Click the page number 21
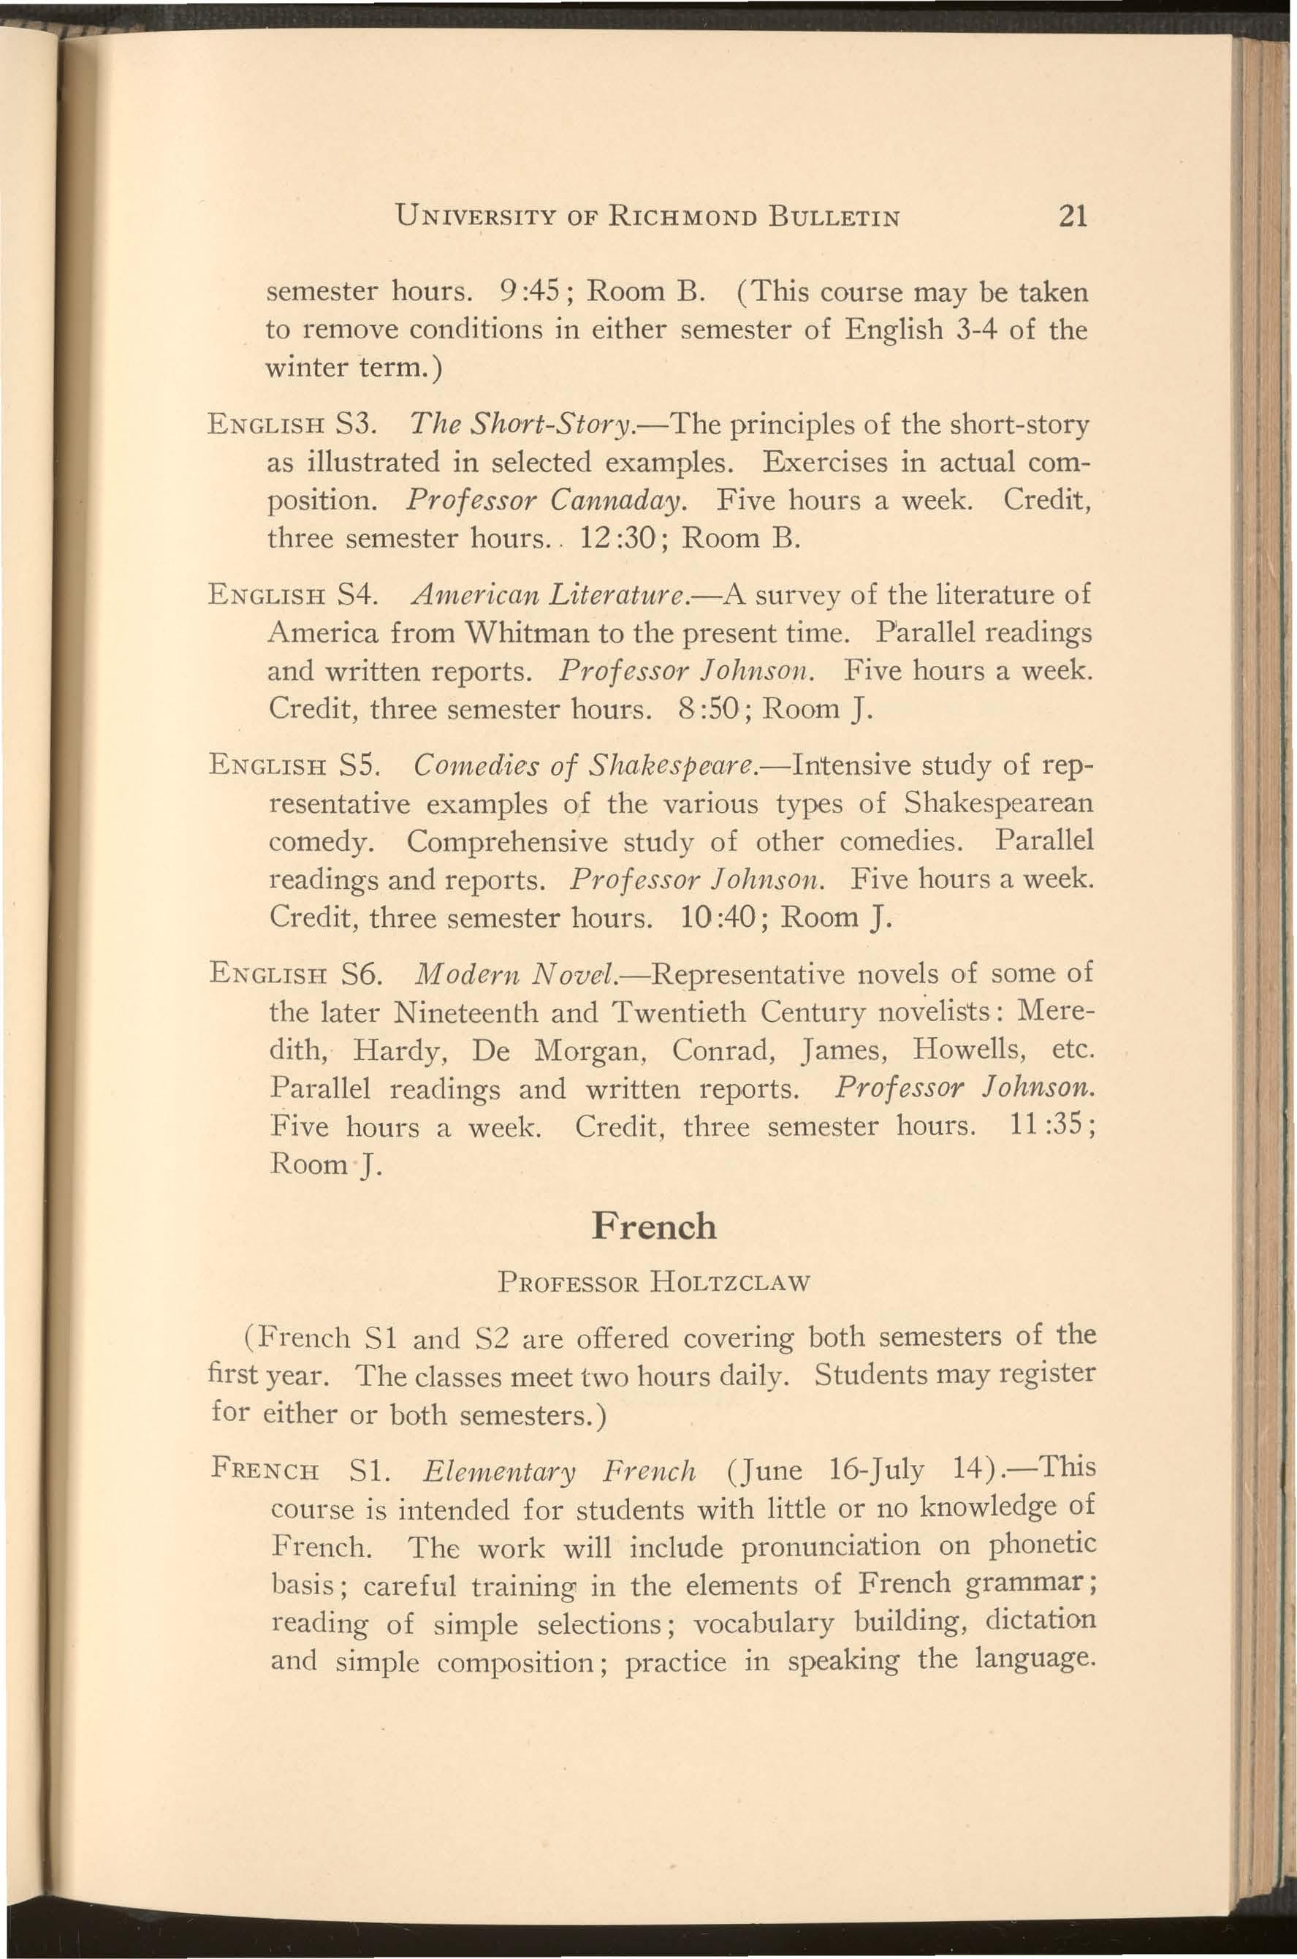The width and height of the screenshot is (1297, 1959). tap(1071, 217)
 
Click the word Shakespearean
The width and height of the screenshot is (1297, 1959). tap(998, 803)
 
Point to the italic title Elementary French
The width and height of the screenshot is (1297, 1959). tap(558, 1471)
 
